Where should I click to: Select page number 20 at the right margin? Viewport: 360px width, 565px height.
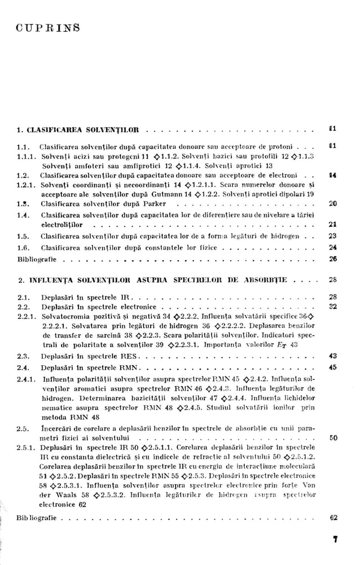[332, 203]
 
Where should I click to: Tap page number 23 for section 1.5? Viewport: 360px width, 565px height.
[332, 236]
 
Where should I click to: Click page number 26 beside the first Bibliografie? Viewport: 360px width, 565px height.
[332, 259]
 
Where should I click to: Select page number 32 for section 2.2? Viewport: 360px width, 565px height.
[332, 306]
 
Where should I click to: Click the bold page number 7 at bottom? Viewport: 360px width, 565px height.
[335, 540]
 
